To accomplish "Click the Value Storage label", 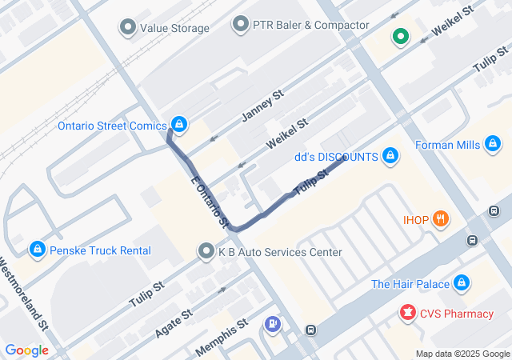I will [174, 29].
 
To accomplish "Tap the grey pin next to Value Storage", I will [127, 29].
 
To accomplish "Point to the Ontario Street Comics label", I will [112, 126].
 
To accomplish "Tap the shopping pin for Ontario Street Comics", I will [180, 125].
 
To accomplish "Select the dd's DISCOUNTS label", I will [336, 157].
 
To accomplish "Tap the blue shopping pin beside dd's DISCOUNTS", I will [390, 155].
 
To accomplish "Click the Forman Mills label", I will [447, 145].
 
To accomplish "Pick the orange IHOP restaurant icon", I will [439, 218].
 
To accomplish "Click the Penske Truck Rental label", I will [100, 250].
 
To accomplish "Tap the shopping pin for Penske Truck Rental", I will [37, 250].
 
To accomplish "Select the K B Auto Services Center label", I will [280, 252].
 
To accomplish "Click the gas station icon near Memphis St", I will [274, 324].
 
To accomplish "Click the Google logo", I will [26, 350].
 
